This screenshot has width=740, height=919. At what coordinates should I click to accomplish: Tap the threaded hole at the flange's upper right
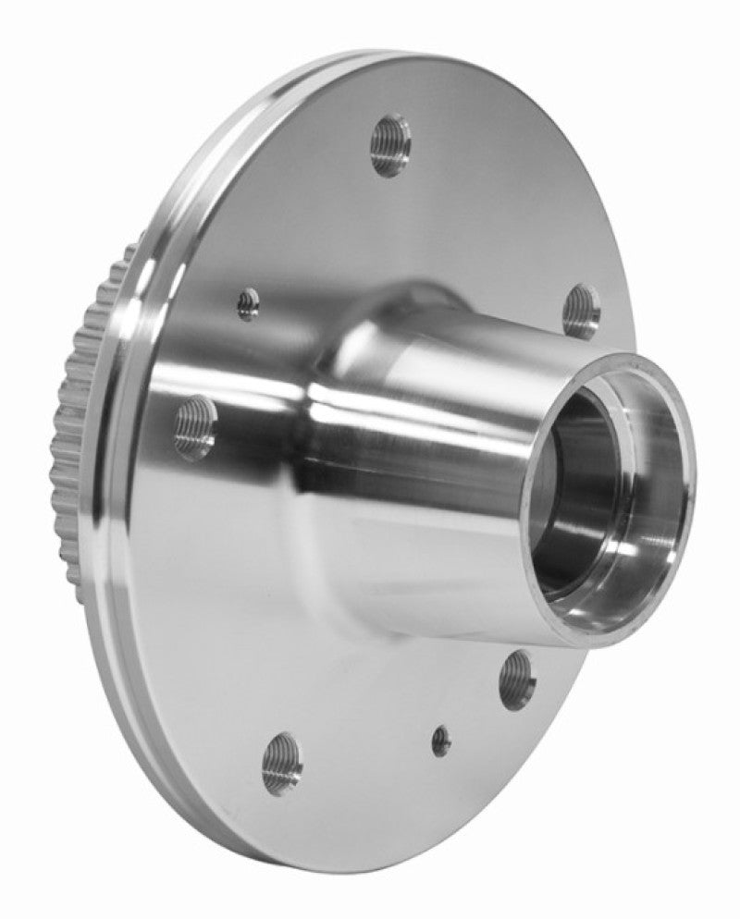pyautogui.click(x=581, y=312)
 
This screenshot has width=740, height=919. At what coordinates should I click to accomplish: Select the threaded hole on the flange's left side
pyautogui.click(x=195, y=426)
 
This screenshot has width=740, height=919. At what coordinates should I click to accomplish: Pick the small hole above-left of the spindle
pyautogui.click(x=248, y=303)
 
